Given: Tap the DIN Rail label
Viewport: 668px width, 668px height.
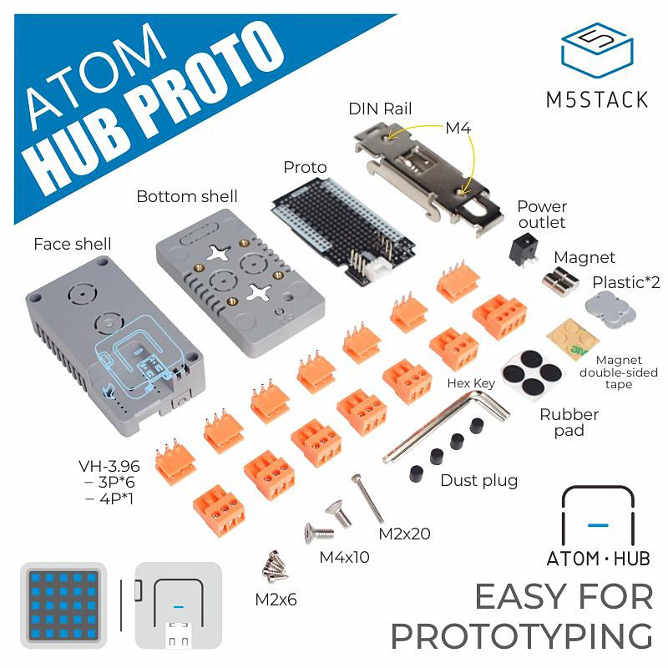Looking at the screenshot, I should (x=380, y=109).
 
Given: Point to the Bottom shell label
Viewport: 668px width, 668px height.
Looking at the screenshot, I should (x=186, y=197).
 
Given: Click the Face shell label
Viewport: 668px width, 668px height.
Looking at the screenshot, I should (x=72, y=244).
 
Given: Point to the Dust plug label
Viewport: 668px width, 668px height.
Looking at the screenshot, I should (x=479, y=481).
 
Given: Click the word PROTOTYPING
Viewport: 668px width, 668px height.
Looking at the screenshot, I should (x=521, y=636).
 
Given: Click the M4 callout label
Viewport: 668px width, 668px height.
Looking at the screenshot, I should (x=458, y=129).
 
